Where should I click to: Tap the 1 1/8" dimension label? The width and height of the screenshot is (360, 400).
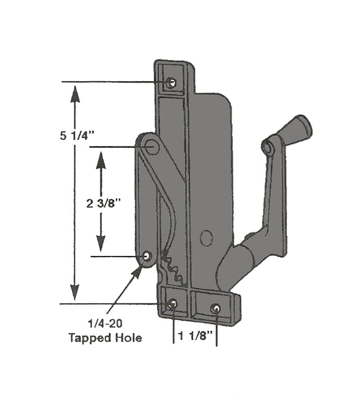pyautogui.click(x=195, y=335)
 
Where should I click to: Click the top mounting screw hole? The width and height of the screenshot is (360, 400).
pyautogui.click(x=172, y=83)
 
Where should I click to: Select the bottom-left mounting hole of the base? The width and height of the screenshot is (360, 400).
pyautogui.click(x=173, y=303)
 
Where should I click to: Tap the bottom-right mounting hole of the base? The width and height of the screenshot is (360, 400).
pyautogui.click(x=215, y=307)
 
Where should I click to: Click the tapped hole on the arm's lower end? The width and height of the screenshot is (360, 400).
pyautogui.click(x=147, y=256)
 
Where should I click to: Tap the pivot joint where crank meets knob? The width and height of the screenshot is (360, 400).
pyautogui.click(x=267, y=148)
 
